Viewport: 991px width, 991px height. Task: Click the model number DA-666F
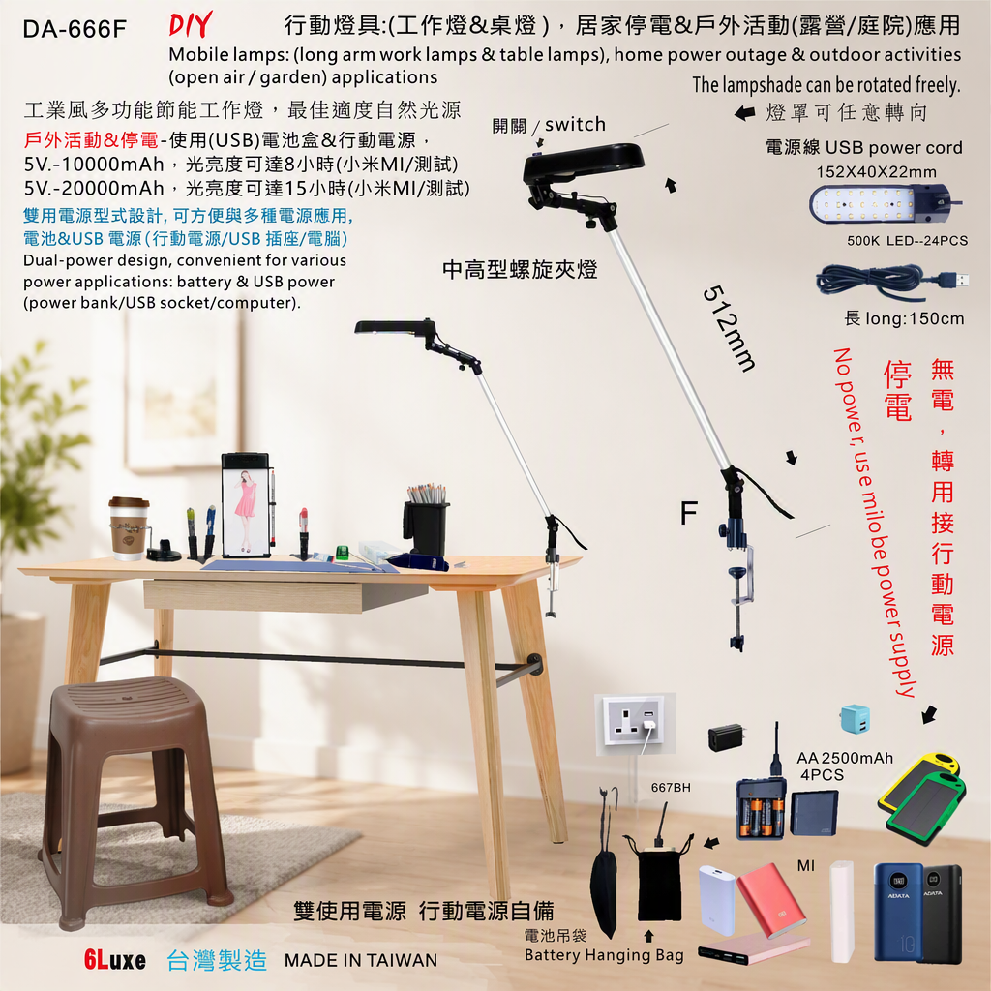75,29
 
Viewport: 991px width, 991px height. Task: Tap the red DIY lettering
191,25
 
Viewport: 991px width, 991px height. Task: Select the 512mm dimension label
729,328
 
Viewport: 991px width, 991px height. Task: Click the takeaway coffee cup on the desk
129,528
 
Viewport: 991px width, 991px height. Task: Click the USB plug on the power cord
954,279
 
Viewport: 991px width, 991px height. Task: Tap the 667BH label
671,788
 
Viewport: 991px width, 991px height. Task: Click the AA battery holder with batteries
761,808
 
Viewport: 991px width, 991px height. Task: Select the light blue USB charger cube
856,720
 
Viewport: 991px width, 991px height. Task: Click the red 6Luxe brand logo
114,960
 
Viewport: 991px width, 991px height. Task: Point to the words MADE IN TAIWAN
361,961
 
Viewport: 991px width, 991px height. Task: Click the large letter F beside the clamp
689,513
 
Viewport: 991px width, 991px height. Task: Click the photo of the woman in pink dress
246,505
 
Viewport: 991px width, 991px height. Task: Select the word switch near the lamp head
575,124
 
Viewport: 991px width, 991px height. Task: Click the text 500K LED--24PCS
907,241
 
